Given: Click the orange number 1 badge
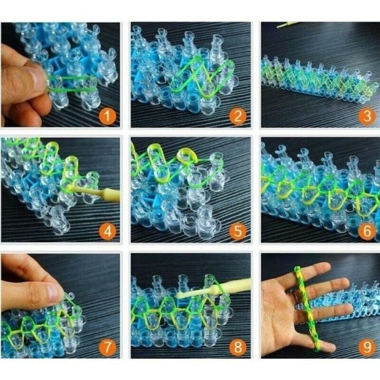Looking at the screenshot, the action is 107,116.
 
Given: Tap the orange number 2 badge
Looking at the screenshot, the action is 238,116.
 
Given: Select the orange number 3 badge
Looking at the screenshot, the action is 367,116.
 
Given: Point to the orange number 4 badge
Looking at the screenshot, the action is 107,231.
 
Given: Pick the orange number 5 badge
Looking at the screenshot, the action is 238,231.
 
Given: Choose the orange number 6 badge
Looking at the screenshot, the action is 367,231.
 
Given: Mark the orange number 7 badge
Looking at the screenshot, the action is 107,347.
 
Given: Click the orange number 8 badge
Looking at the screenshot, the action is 238,347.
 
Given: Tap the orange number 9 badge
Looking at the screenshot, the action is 367,347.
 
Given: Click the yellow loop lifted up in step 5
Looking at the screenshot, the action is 187,156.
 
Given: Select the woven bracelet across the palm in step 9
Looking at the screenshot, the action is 306,309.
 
